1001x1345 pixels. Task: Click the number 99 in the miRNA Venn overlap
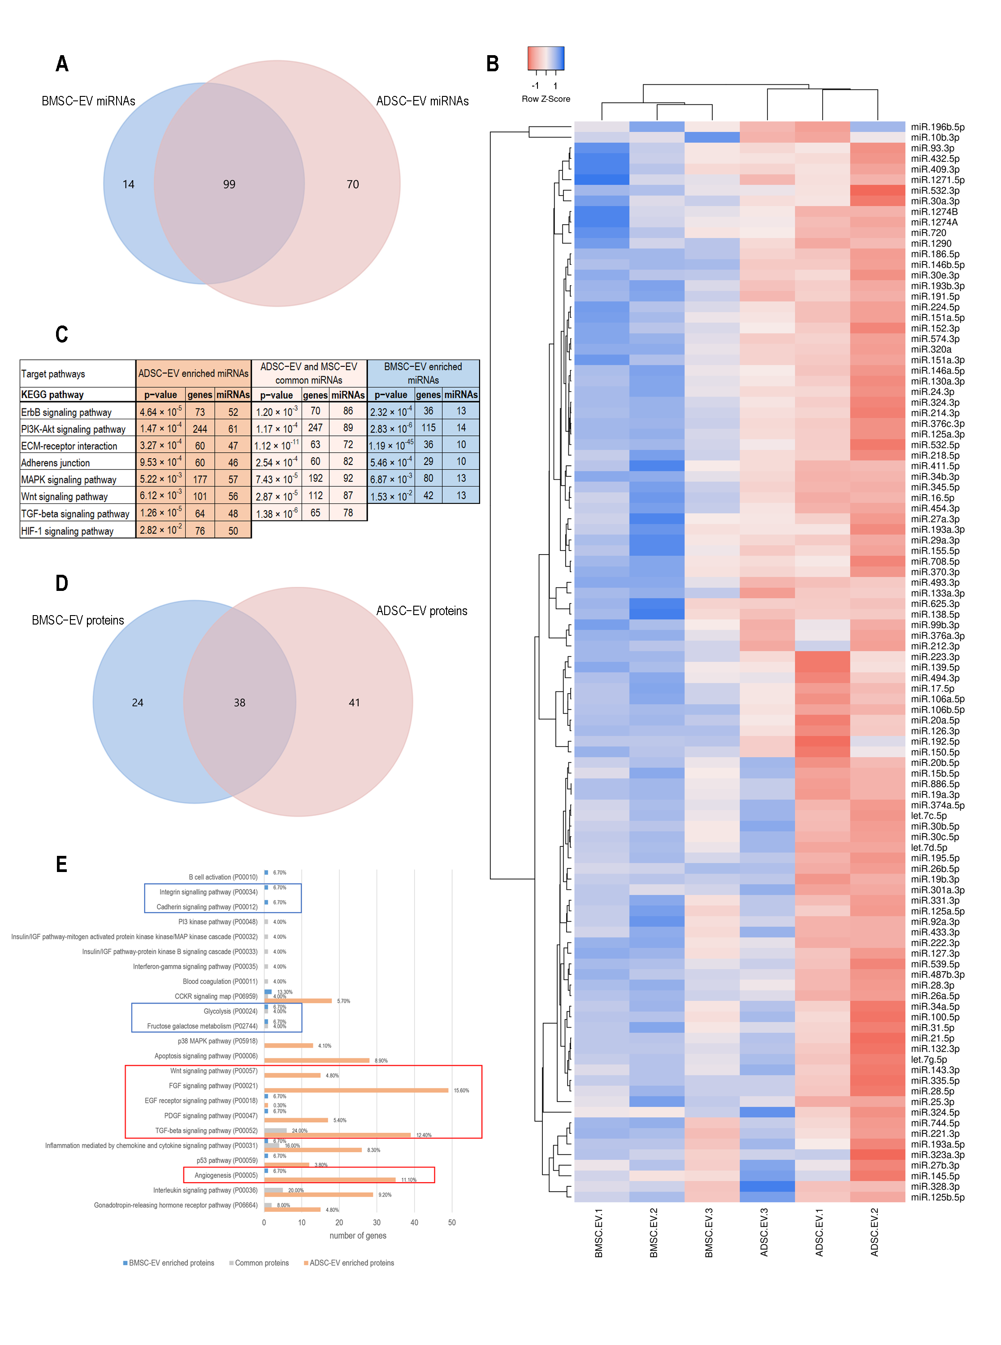tap(229, 184)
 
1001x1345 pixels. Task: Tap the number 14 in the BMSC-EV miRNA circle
tap(129, 184)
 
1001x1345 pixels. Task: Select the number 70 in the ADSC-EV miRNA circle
tap(353, 184)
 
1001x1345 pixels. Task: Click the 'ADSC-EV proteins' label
tap(422, 611)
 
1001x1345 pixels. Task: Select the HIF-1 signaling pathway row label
tap(67, 531)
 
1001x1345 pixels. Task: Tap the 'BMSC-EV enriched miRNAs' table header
tap(423, 373)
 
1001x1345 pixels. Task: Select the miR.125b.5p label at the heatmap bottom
tap(937, 1197)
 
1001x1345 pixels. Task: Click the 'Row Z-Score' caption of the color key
tap(546, 99)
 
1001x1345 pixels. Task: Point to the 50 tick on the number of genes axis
tap(452, 1223)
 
